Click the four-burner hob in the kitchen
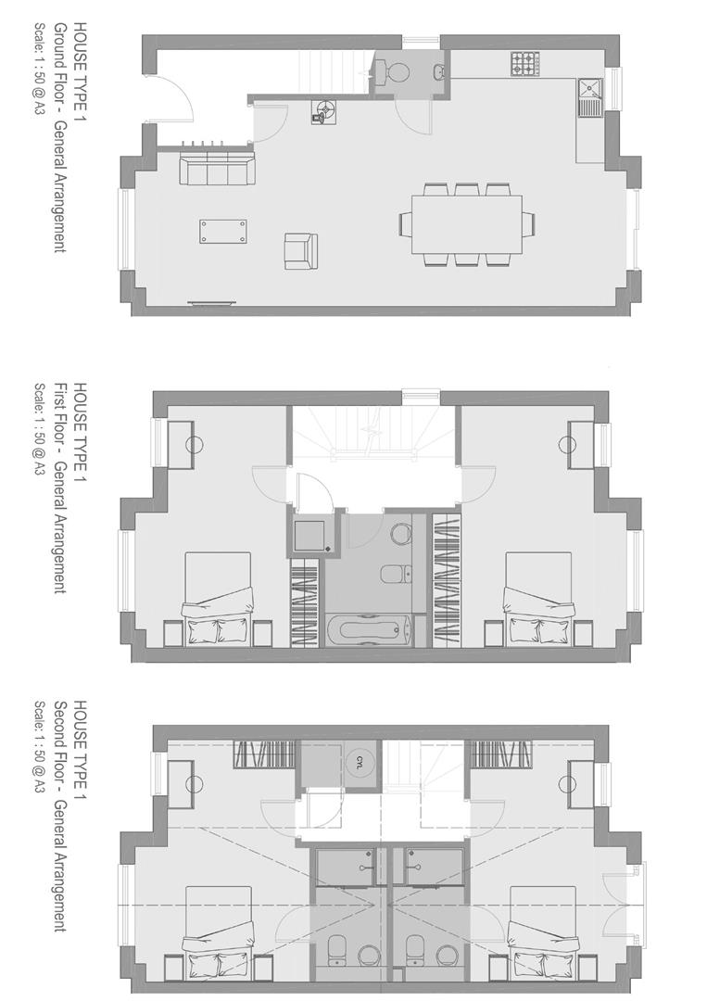click(x=524, y=64)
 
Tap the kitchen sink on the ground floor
click(x=589, y=95)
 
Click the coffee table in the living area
click(x=223, y=231)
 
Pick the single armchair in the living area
click(x=300, y=250)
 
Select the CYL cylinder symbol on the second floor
click(x=360, y=762)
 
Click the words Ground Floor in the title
click(x=58, y=82)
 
